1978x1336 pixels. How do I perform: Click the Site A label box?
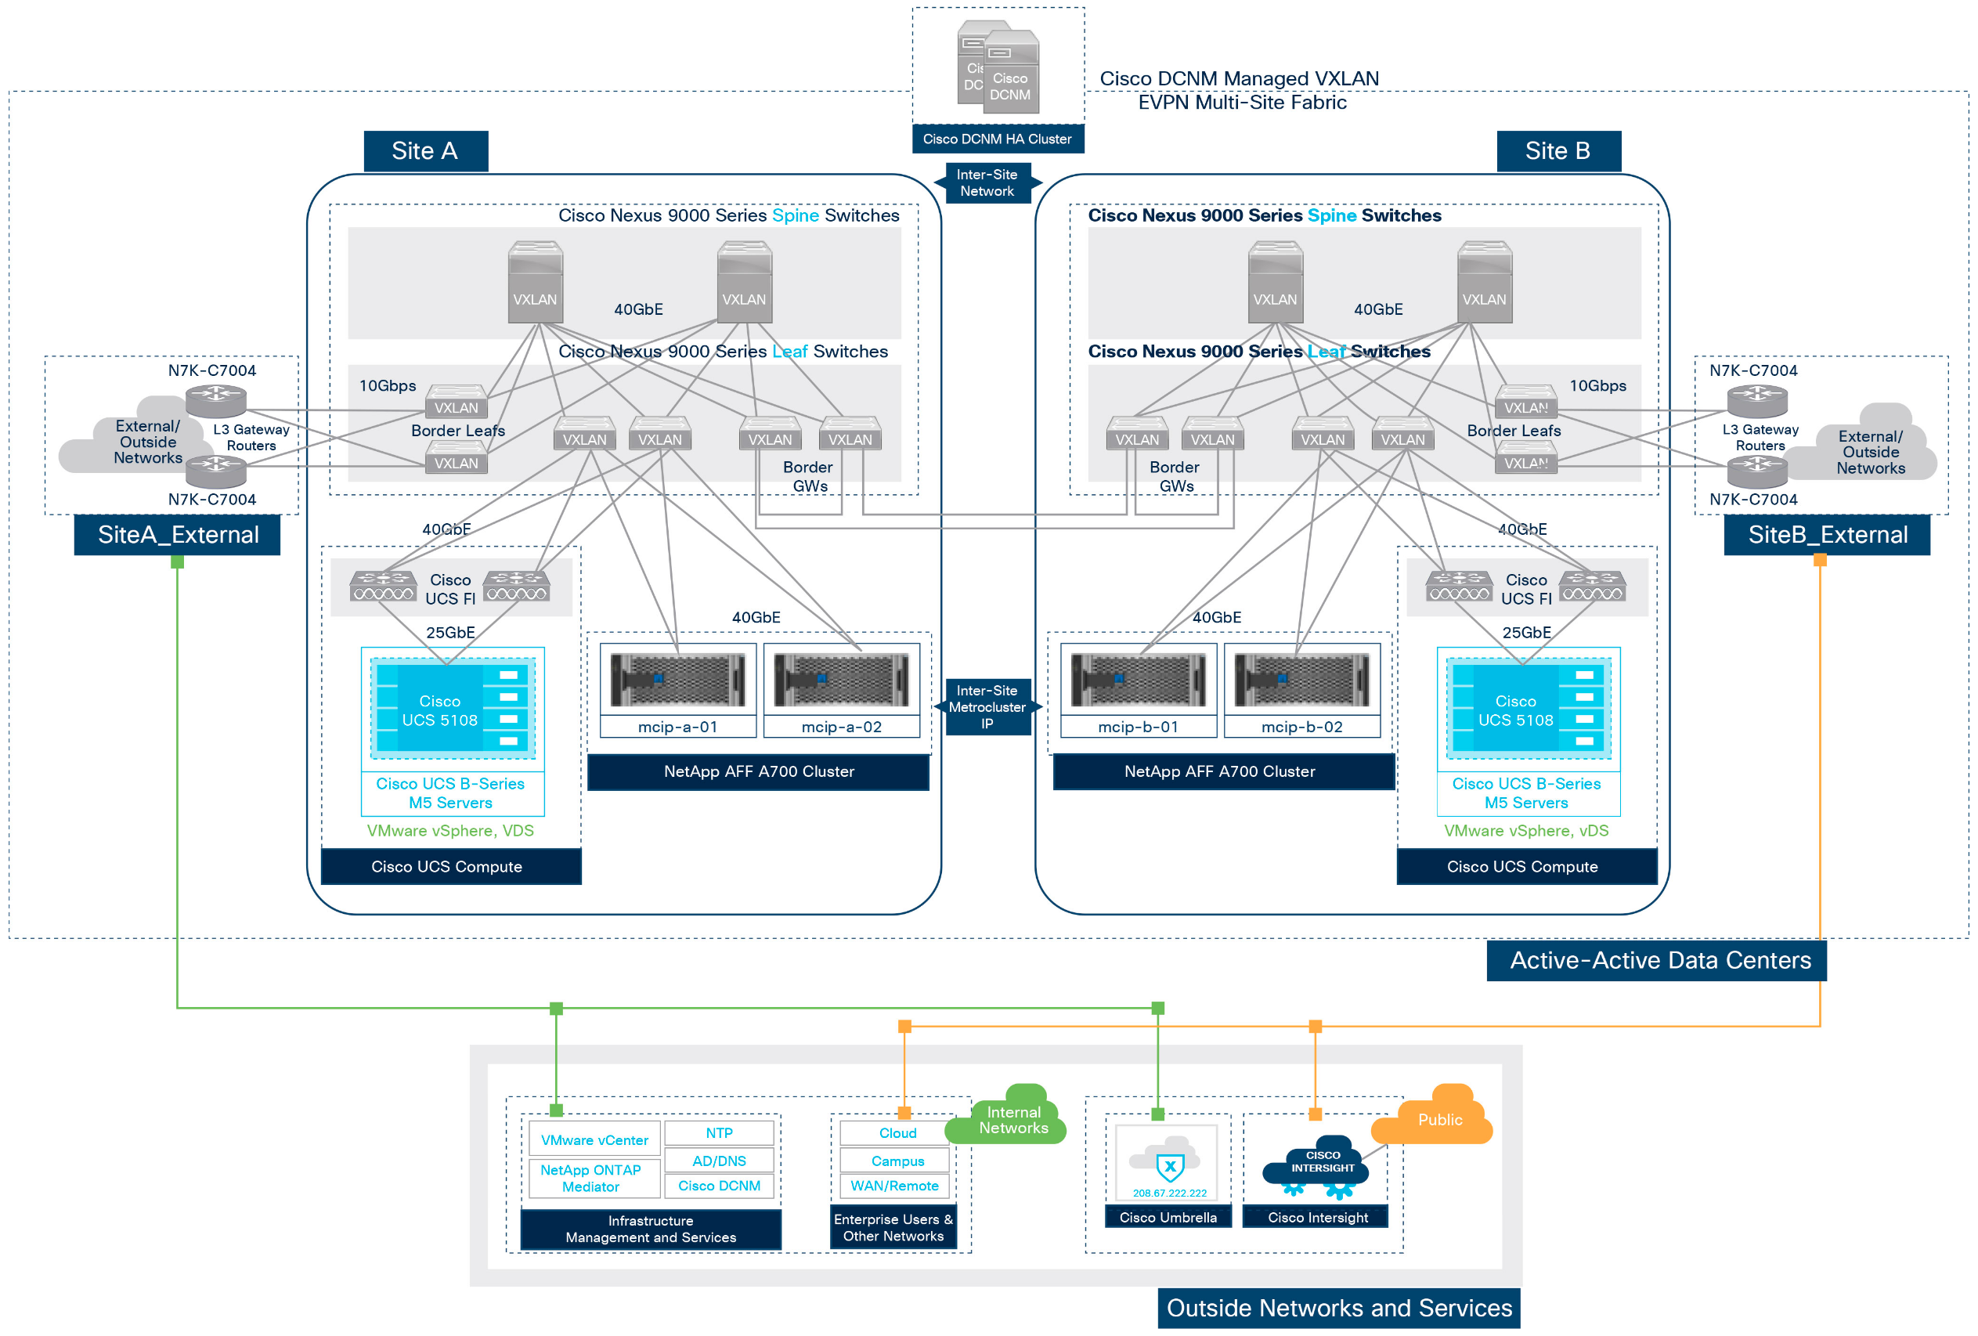coord(424,150)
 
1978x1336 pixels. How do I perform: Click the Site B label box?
coord(1557,150)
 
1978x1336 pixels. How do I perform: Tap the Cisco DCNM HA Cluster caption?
coord(997,139)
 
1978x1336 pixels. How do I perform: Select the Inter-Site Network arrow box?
coord(987,183)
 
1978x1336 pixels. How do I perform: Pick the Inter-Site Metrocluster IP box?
coord(987,707)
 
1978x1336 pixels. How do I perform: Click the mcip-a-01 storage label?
coord(677,727)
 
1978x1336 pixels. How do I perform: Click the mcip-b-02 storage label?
coord(1301,727)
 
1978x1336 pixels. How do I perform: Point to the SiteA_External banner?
coord(177,534)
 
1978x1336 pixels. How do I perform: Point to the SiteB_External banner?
coord(1827,534)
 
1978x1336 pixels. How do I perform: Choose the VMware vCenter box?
coord(594,1139)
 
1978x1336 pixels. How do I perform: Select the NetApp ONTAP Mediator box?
coord(590,1178)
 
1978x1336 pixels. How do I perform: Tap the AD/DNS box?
coord(718,1160)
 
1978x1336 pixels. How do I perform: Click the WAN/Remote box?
coord(893,1186)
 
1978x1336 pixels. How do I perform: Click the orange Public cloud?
coord(1438,1119)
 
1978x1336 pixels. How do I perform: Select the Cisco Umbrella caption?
coord(1168,1217)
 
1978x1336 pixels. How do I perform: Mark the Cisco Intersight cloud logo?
coord(1320,1165)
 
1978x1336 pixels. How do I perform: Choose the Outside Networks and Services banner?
coord(1338,1307)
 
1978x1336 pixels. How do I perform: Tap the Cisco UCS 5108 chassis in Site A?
coord(452,709)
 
